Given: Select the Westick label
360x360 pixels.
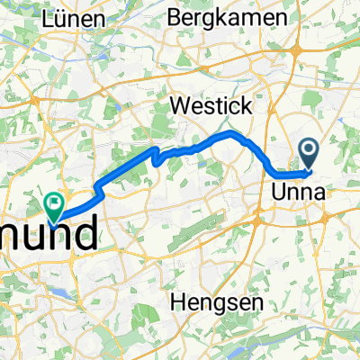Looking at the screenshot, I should pos(212,105).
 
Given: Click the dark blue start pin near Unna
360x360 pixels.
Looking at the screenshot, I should pos(310,153).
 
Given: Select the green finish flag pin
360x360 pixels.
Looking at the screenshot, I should pos(54,207).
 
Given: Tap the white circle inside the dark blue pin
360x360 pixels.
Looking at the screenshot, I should pos(310,149).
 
